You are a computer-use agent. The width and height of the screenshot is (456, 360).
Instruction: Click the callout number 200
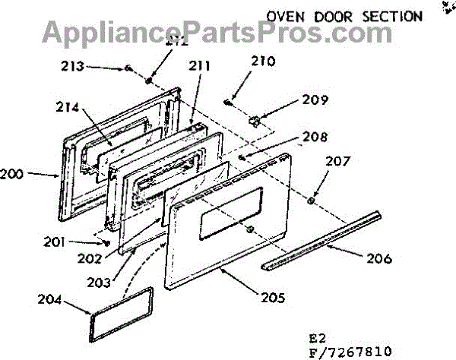[11, 174]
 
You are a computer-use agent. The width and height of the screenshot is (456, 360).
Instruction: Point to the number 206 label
[377, 259]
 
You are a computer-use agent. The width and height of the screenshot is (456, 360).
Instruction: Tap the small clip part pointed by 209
[255, 120]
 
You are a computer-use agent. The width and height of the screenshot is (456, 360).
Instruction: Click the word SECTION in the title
[392, 15]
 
